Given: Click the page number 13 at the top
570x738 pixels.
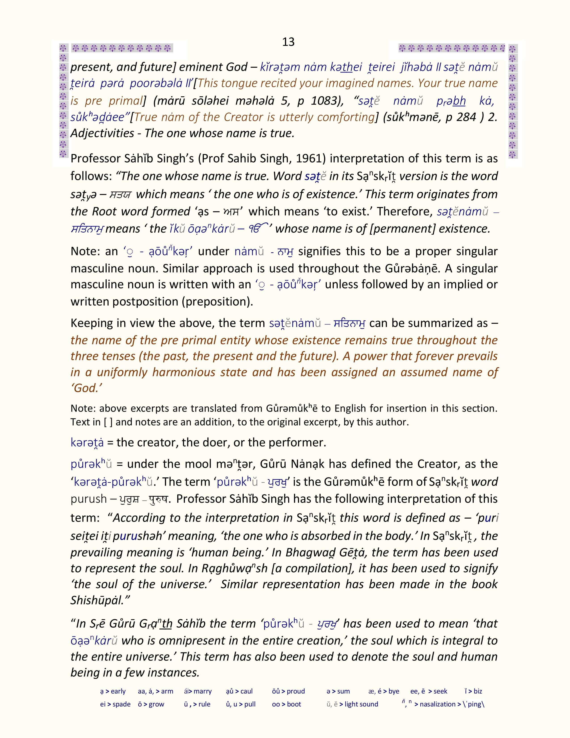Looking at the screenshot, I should (x=288, y=42).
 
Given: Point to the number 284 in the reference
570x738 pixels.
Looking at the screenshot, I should (x=466, y=117).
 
